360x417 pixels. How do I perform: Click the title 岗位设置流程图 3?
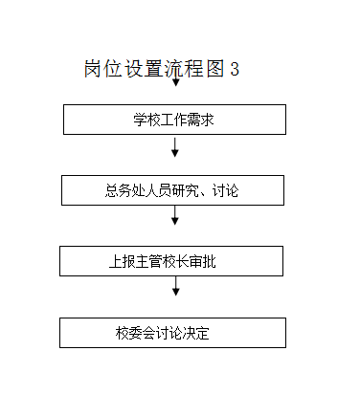[x=161, y=69]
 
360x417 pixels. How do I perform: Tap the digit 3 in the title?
[x=234, y=69]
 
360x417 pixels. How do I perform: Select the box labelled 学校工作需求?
[x=174, y=120]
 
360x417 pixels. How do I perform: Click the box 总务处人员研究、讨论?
[x=172, y=190]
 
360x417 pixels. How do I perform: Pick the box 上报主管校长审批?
[x=171, y=261]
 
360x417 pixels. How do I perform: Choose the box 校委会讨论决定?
[x=172, y=333]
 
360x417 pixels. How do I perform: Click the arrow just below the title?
[x=175, y=81]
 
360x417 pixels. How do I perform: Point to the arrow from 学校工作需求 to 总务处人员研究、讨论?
[x=175, y=148]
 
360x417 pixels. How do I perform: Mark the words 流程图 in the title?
[x=190, y=69]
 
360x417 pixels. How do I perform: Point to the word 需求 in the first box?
[x=203, y=120]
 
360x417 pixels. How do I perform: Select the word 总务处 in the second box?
[x=123, y=190]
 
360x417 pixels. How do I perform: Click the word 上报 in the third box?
[x=123, y=261]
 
